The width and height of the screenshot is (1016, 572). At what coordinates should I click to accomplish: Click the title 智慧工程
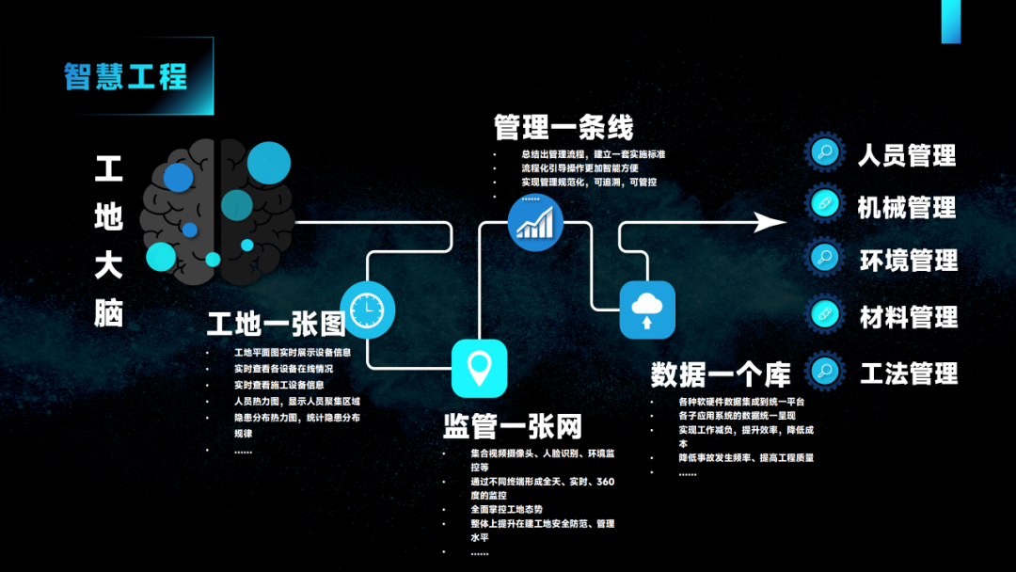pyautogui.click(x=125, y=76)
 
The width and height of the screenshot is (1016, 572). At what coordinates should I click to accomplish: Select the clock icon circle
pyautogui.click(x=366, y=309)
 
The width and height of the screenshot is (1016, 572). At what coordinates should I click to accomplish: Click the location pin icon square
pyautogui.click(x=480, y=368)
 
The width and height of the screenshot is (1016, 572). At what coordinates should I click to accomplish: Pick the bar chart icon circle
pyautogui.click(x=535, y=223)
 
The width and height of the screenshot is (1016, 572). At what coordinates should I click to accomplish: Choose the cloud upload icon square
pyautogui.click(x=647, y=310)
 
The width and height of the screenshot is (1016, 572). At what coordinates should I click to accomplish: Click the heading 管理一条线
pyautogui.click(x=564, y=127)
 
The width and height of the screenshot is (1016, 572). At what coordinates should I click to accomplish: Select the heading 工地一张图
pyautogui.click(x=277, y=325)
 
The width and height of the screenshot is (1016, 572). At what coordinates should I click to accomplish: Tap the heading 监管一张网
pyautogui.click(x=513, y=426)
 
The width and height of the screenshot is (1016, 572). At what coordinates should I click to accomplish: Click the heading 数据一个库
pyautogui.click(x=721, y=373)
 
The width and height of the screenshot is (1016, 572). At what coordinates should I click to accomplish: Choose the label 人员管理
pyautogui.click(x=907, y=155)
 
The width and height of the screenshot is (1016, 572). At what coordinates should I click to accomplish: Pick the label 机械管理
pyautogui.click(x=907, y=207)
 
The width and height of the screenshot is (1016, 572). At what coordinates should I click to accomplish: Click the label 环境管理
pyautogui.click(x=908, y=260)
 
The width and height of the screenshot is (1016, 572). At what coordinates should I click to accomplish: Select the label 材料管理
pyautogui.click(x=908, y=317)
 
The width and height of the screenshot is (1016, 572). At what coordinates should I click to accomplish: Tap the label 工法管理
pyautogui.click(x=908, y=373)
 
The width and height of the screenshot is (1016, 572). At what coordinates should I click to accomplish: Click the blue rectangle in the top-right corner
pyautogui.click(x=951, y=21)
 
